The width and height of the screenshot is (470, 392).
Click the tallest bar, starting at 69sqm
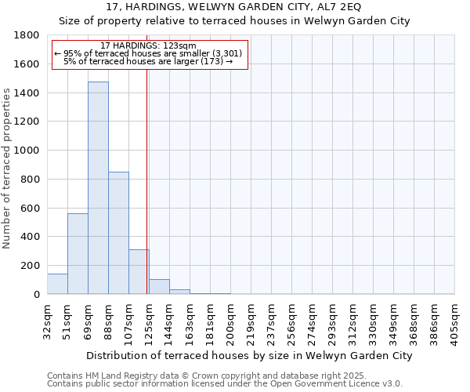click(98, 188)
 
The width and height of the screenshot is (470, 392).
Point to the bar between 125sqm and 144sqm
click(159, 287)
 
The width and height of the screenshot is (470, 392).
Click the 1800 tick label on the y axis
click(27, 35)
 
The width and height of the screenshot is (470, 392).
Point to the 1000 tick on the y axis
click(27, 151)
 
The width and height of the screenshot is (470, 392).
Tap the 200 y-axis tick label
click(31, 266)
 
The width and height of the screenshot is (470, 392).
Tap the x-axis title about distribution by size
click(249, 355)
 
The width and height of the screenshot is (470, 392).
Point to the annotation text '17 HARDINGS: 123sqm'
click(149, 46)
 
